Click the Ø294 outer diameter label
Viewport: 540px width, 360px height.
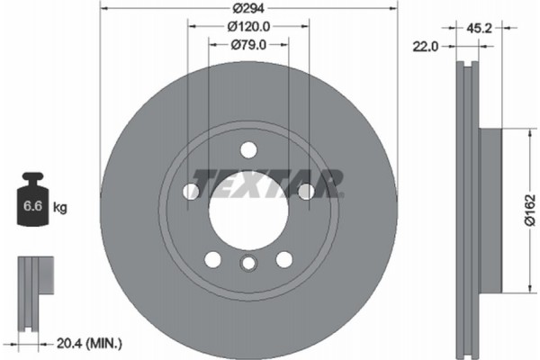pos(248,6)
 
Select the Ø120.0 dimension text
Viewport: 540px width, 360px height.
pos(248,26)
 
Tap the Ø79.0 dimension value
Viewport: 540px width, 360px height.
pos(248,44)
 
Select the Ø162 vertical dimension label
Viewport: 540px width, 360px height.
pos(529,210)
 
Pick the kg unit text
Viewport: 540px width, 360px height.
pos(61,208)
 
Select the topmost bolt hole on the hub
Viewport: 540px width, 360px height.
pos(248,149)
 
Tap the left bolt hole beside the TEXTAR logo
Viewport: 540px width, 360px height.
pos(191,191)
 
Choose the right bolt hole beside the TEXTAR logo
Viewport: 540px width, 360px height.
pos(306,191)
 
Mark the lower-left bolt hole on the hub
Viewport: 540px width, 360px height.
pos(212,259)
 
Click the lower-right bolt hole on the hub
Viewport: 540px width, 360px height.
pos(284,259)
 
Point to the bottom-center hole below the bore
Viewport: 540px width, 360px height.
pos(248,263)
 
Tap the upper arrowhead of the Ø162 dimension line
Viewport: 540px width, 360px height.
pos(519,133)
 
